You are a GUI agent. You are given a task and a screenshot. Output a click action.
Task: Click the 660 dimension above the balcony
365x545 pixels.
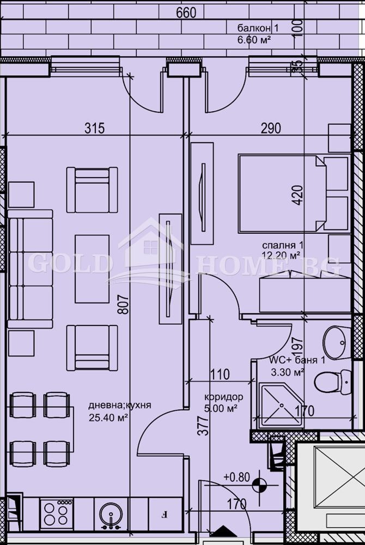186,13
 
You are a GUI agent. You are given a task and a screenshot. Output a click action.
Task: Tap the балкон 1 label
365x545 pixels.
254,28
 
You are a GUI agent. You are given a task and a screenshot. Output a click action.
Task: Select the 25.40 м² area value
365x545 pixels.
108,417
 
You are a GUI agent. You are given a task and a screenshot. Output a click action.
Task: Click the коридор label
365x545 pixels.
224,397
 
